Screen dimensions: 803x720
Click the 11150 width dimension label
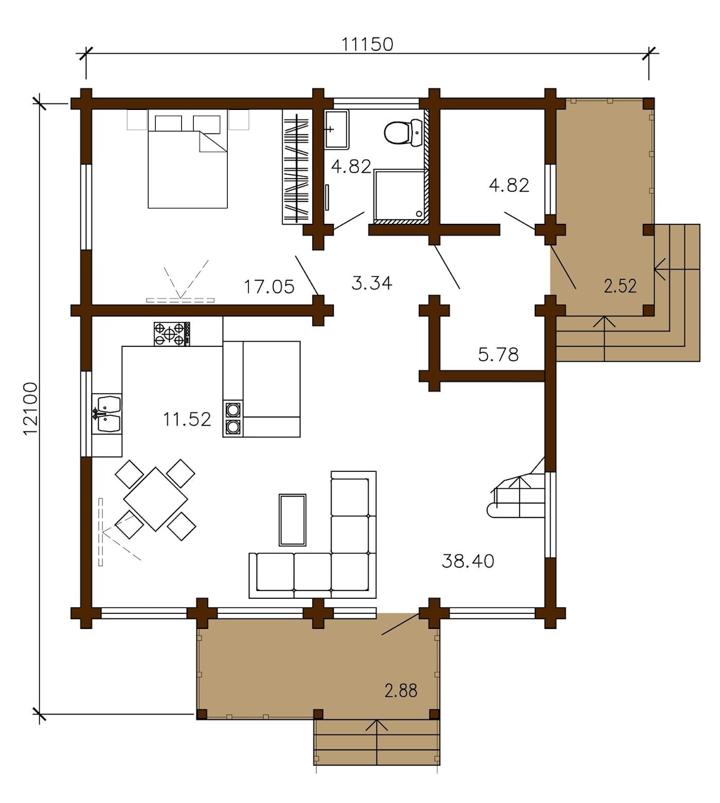367,44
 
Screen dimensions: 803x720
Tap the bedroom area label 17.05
269,286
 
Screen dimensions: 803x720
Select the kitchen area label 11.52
187,419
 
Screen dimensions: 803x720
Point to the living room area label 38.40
468,561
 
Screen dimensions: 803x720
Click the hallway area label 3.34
371,283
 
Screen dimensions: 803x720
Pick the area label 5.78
498,355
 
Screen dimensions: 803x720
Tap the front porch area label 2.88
401,690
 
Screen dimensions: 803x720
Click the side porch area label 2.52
620,286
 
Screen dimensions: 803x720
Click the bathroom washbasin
337,130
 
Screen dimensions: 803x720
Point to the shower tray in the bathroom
399,196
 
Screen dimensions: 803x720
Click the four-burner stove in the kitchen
171,334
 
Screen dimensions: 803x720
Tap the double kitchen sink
107,414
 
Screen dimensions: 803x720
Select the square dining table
156,499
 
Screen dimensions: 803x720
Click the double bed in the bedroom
188,164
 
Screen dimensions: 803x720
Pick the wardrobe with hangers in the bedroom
296,168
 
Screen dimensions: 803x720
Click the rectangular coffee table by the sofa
293,520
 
